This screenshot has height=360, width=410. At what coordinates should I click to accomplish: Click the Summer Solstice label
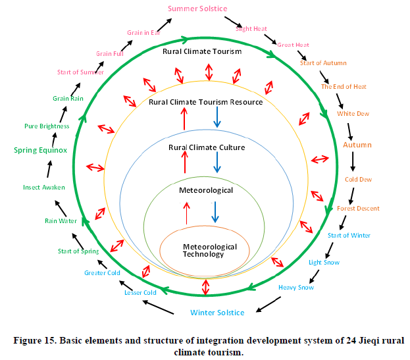(x=197, y=9)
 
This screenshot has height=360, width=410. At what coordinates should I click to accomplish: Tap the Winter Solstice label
(x=217, y=313)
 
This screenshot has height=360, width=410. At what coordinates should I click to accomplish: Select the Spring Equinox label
(x=41, y=150)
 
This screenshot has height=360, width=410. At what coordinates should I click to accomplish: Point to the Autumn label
(x=357, y=145)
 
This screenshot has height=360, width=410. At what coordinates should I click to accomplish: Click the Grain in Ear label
(x=144, y=32)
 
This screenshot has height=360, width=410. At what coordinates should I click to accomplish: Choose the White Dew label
(x=353, y=114)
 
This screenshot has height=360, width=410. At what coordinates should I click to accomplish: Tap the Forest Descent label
(x=358, y=209)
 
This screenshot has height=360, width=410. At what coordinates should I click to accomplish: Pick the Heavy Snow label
(x=296, y=287)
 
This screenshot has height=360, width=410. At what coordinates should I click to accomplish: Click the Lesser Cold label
(x=140, y=292)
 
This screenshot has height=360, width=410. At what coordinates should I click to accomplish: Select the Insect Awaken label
(x=44, y=187)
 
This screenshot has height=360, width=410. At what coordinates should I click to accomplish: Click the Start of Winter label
(x=349, y=235)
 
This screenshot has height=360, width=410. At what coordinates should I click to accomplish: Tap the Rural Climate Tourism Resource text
(x=206, y=102)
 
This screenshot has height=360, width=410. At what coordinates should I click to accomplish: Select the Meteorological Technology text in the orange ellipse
(x=207, y=250)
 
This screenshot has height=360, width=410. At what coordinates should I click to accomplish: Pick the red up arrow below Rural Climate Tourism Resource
(x=185, y=118)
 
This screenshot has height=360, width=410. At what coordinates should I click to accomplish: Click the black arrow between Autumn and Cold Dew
(x=353, y=161)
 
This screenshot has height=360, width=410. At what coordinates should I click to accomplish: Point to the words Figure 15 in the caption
(x=38, y=340)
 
